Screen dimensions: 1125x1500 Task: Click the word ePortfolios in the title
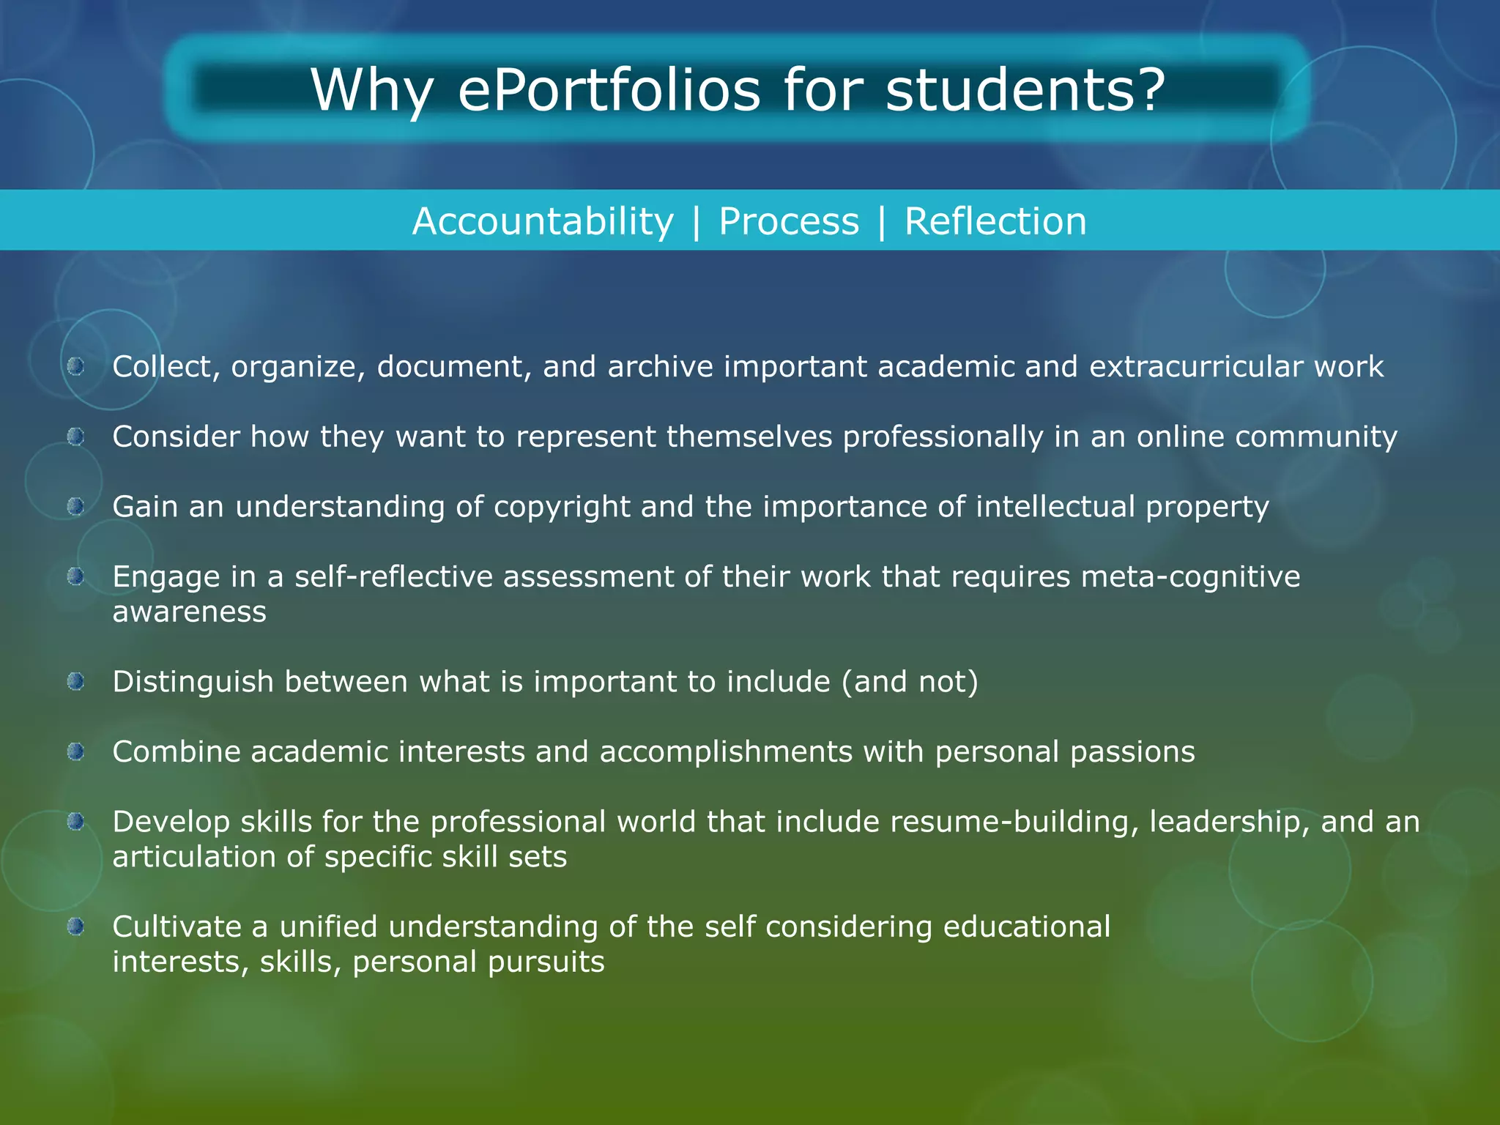[609, 91]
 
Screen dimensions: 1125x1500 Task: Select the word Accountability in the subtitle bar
[543, 221]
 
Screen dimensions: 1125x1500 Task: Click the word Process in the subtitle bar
[789, 221]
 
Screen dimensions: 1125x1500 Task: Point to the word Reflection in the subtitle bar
[995, 221]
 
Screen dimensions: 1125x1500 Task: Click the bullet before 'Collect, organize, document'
[76, 366]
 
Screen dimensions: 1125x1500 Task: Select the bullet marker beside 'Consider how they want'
[76, 437]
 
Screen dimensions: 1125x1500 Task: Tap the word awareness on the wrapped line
[189, 612]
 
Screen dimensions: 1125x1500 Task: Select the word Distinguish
[193, 682]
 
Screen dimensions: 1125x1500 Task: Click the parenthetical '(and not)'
[910, 682]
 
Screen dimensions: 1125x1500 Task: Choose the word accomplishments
[726, 752]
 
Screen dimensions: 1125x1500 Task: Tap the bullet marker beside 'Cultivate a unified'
[76, 927]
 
